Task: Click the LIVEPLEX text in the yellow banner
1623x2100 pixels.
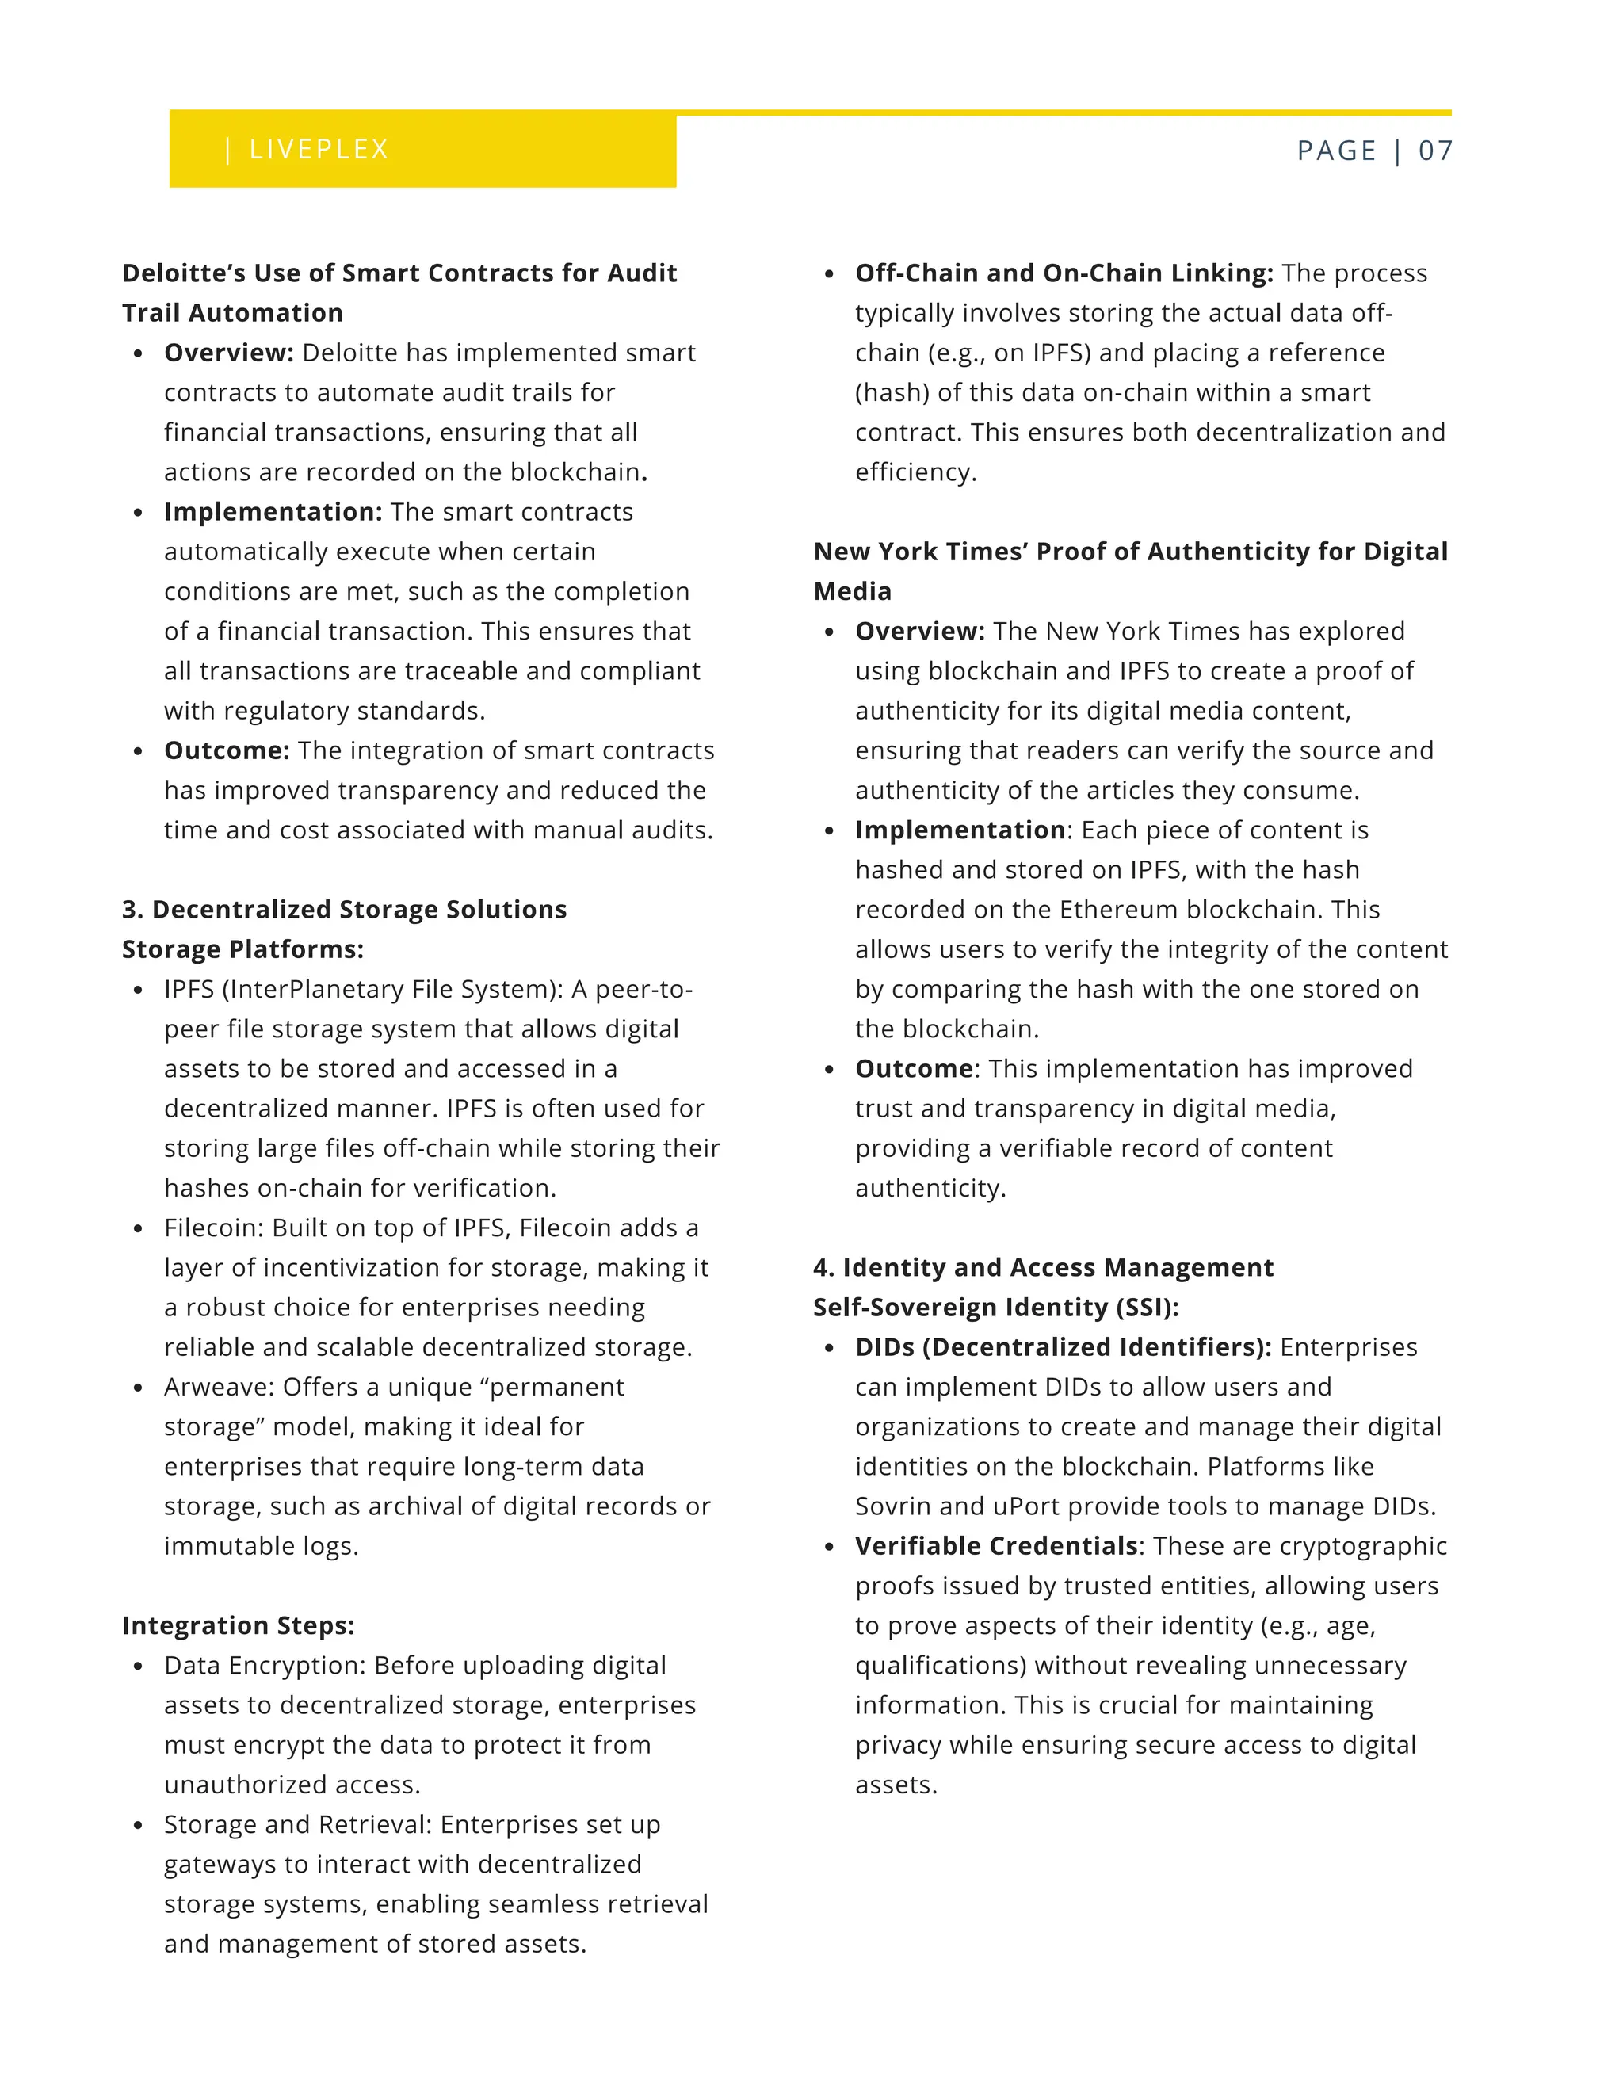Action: coord(319,149)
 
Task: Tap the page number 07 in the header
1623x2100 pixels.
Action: coord(1434,150)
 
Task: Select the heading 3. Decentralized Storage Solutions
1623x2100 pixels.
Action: coord(344,909)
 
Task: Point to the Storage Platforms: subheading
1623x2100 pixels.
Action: coord(242,949)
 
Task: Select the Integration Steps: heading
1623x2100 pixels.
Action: coord(239,1625)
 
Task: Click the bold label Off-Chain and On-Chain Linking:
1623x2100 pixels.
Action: coord(1064,273)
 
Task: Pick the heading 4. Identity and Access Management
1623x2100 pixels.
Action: coord(1043,1267)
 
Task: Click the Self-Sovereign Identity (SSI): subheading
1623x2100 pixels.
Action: coord(995,1307)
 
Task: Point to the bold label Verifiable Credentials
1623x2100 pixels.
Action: coord(996,1545)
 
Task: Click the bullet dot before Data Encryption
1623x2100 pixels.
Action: coord(139,1667)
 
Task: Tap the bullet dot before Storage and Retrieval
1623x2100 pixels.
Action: coord(139,1825)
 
